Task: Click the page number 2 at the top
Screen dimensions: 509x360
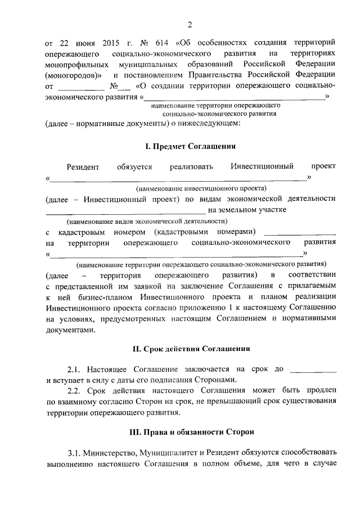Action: point(190,24)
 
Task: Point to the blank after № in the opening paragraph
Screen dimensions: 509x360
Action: point(124,87)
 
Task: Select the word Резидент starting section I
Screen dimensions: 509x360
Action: point(83,166)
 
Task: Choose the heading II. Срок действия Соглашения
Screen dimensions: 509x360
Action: point(191,349)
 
